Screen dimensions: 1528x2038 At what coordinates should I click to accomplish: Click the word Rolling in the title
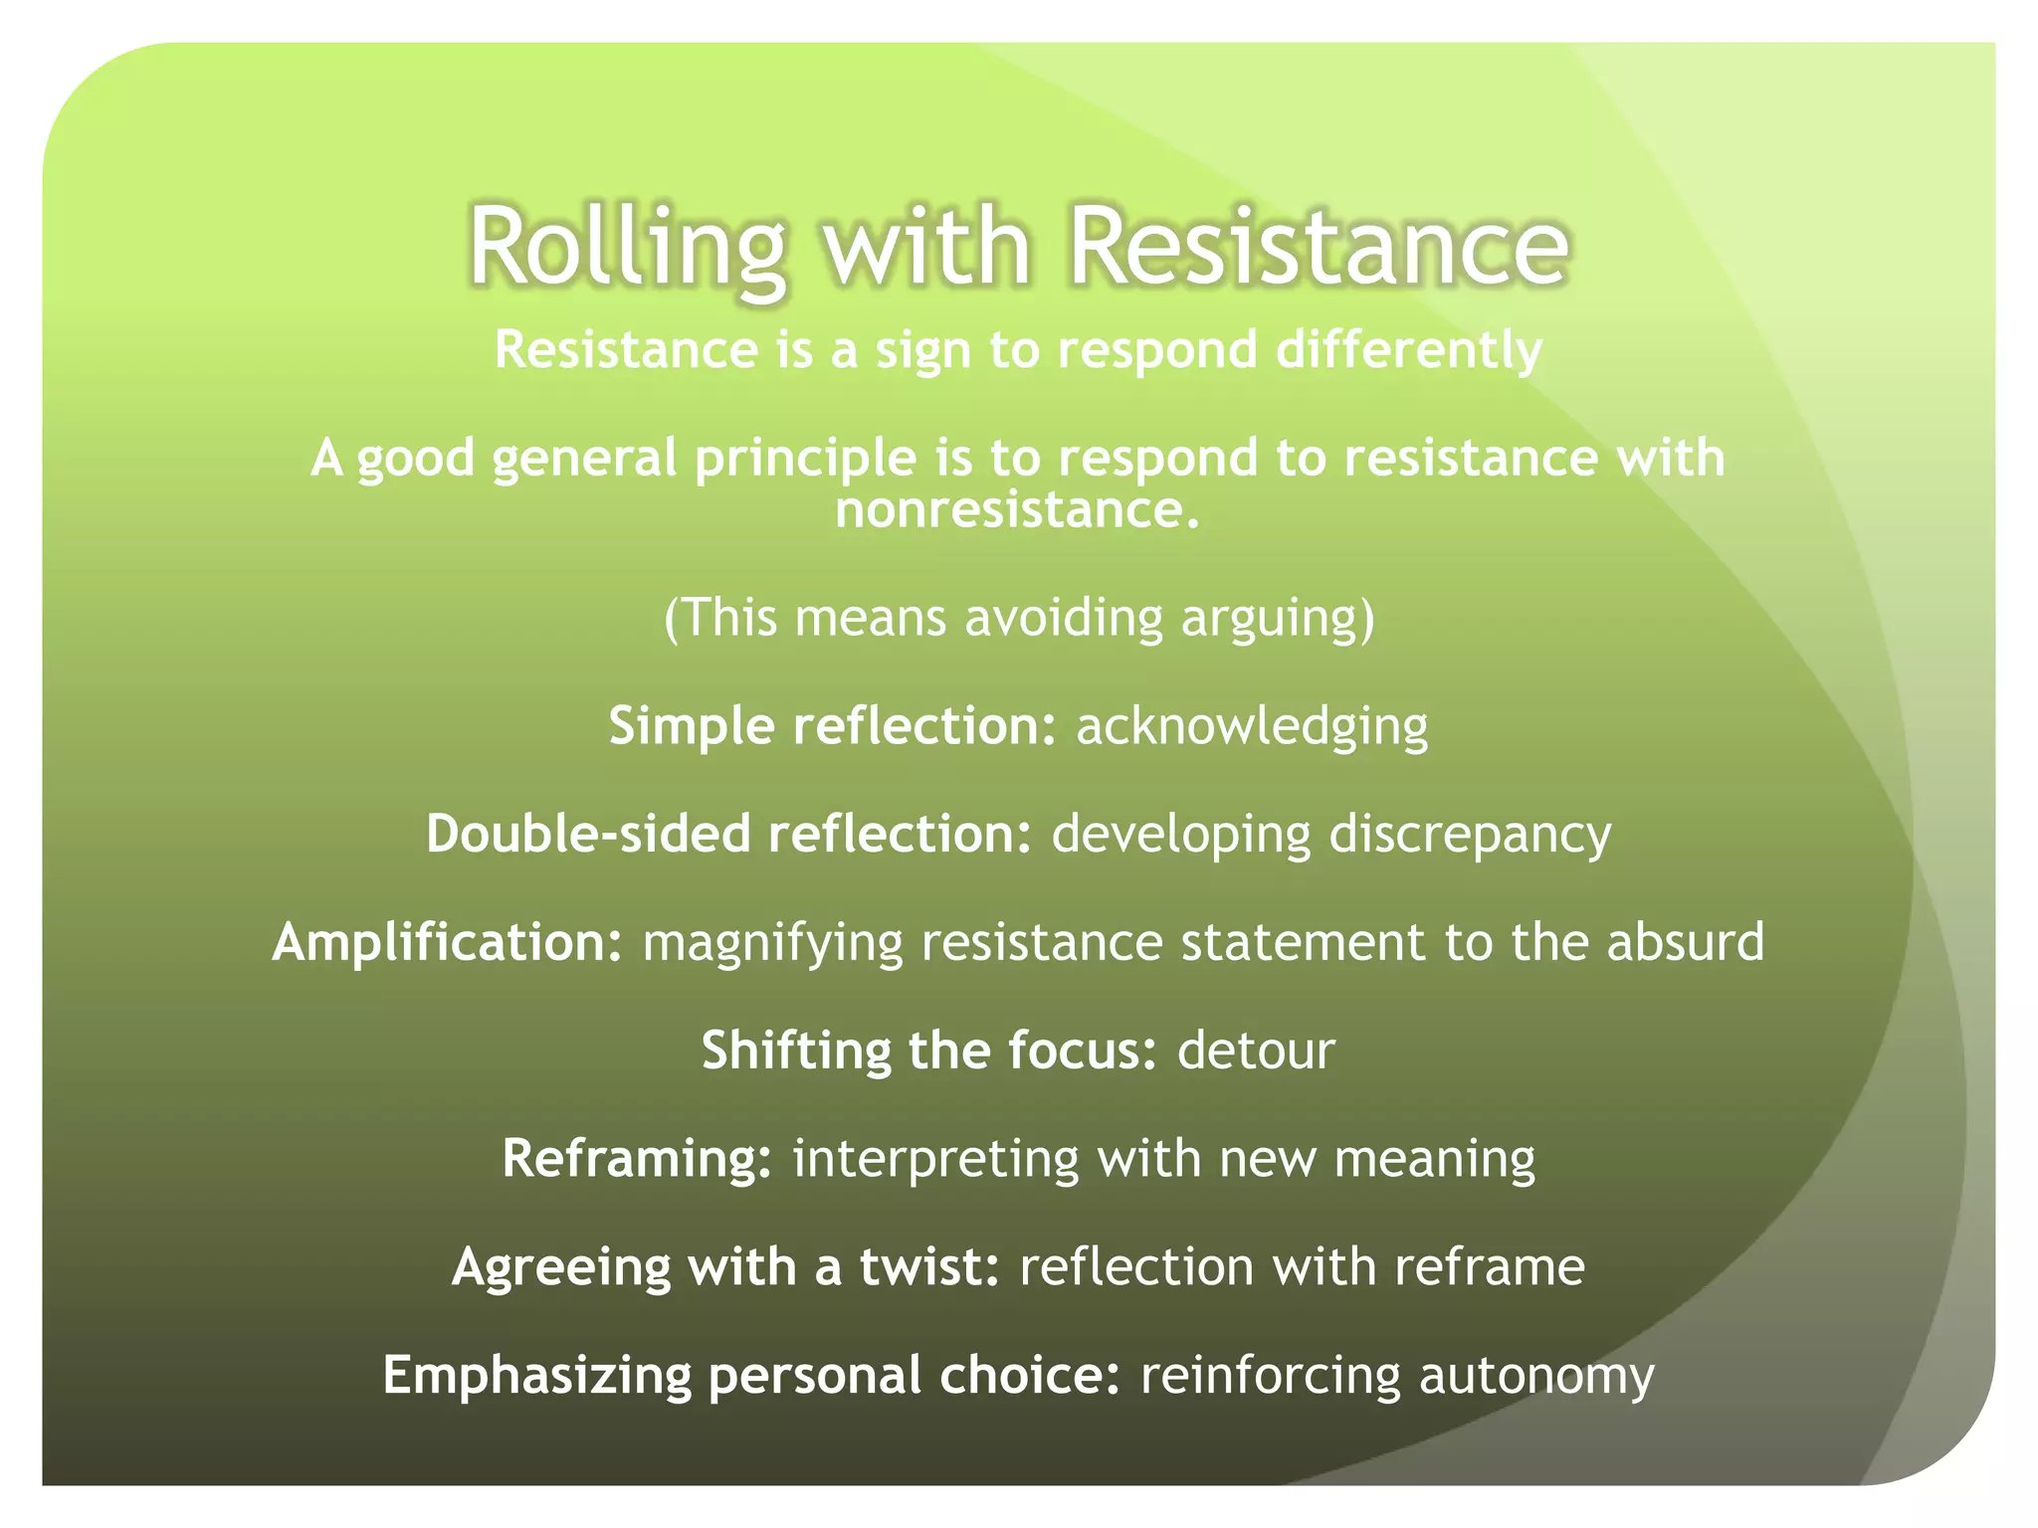point(627,247)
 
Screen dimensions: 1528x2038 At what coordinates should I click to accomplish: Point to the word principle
point(805,459)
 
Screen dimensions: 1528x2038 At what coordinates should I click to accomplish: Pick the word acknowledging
point(1251,726)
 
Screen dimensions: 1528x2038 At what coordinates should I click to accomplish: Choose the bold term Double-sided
point(587,834)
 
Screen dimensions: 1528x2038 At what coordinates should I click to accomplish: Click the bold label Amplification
point(447,942)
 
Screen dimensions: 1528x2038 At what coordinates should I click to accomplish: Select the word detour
point(1255,1050)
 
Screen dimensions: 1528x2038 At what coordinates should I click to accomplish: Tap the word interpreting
point(935,1160)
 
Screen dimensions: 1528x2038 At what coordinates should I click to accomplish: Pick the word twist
point(927,1267)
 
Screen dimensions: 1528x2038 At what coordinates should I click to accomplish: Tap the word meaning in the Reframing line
point(1434,1160)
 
